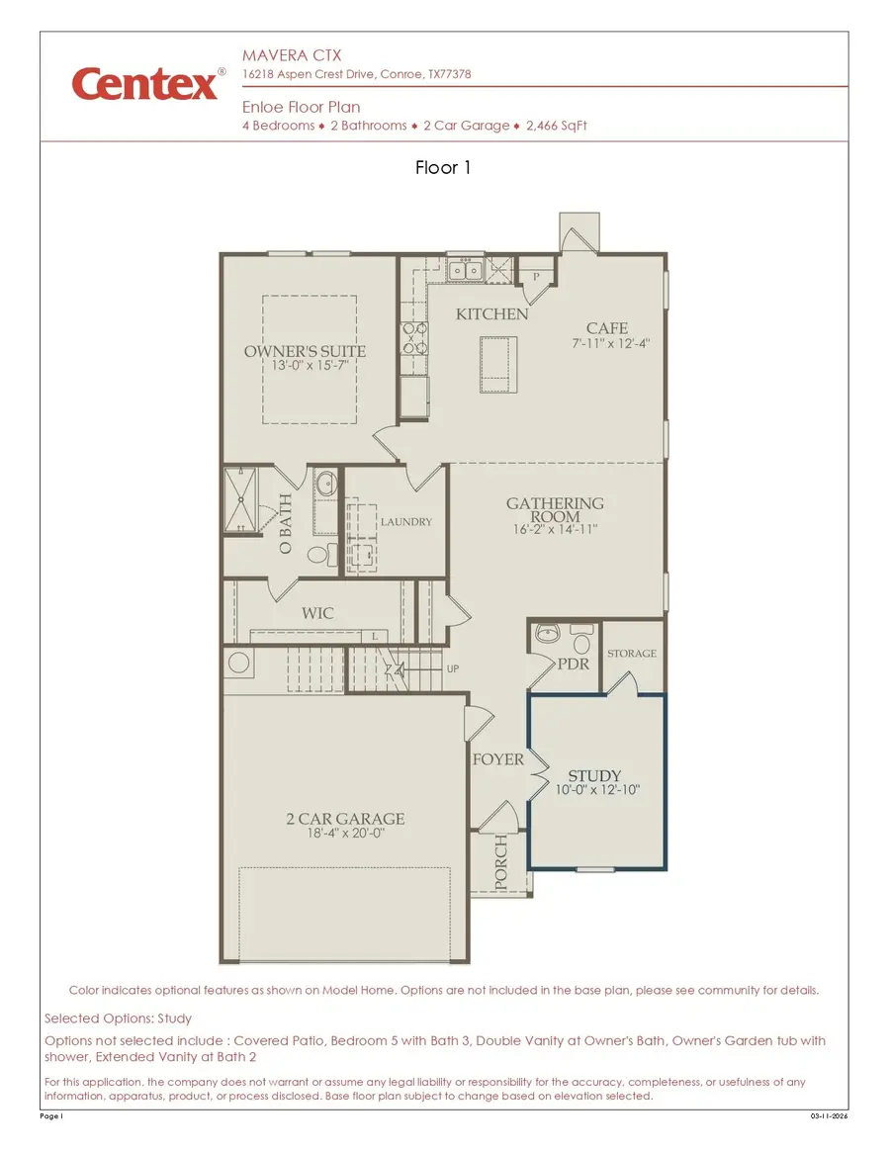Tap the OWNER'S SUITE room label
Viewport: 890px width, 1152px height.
(305, 351)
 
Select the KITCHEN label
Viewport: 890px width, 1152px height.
(491, 313)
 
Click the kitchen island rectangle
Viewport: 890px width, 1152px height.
(498, 364)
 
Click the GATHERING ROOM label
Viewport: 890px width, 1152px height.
(555, 510)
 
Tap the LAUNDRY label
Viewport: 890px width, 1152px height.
(405, 522)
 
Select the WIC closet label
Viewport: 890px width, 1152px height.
(317, 613)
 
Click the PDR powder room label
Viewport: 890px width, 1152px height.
(574, 664)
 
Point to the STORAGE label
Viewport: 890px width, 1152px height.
(632, 654)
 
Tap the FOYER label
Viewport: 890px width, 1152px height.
(497, 759)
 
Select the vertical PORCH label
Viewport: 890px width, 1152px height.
(500, 863)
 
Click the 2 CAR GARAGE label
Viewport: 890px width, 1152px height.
(345, 819)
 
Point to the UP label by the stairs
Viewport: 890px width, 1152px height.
(453, 669)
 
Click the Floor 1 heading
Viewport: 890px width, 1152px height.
(443, 168)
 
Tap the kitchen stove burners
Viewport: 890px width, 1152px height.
(412, 338)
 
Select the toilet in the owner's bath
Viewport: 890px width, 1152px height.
(318, 556)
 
